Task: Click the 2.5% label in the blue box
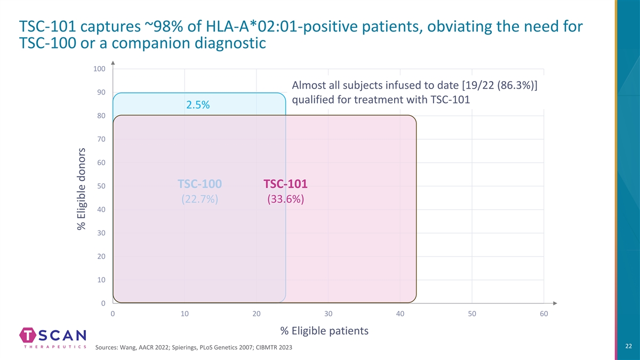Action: [x=198, y=105]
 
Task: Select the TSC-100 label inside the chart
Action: [x=199, y=184]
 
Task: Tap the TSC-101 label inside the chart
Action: [x=285, y=184]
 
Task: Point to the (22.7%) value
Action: [x=199, y=199]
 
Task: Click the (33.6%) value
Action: [x=285, y=199]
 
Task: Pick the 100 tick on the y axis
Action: [x=100, y=69]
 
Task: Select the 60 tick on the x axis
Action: [x=543, y=314]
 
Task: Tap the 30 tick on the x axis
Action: [x=329, y=314]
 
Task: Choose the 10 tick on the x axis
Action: [x=185, y=314]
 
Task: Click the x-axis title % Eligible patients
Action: [x=324, y=331]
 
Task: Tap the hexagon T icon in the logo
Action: [x=28, y=335]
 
